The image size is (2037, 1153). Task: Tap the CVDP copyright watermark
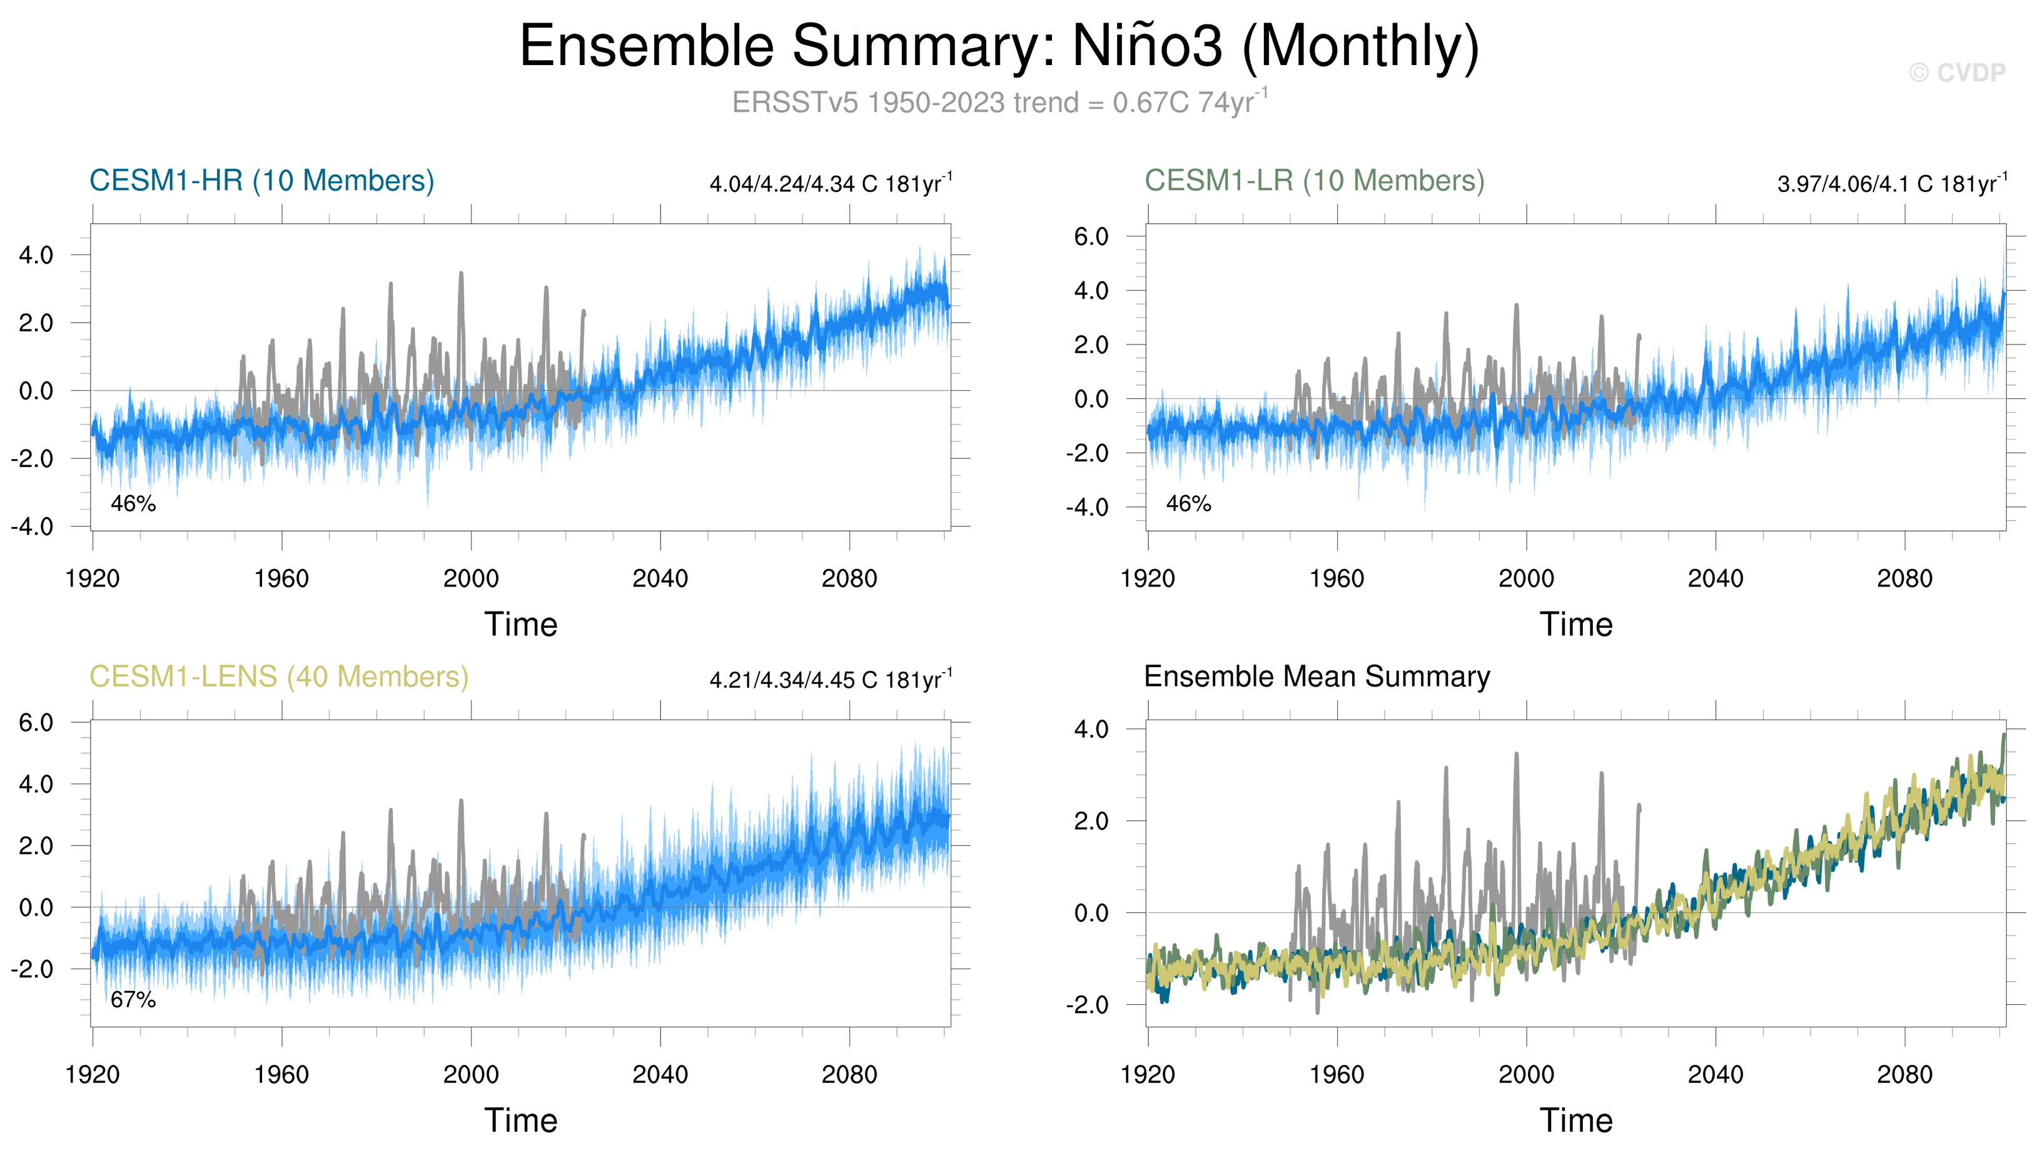(1956, 73)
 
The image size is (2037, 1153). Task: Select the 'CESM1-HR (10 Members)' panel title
(261, 181)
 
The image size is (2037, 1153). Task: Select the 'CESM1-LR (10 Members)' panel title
(1314, 181)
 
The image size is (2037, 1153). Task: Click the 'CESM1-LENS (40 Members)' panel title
(279, 677)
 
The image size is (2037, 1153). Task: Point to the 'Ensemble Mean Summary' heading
(1317, 677)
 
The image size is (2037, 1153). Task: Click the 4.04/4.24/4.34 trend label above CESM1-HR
(830, 184)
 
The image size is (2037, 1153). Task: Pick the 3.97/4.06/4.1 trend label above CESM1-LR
(1891, 184)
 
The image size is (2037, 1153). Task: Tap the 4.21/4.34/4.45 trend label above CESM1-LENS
(830, 680)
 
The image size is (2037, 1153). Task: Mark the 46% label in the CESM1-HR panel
(133, 503)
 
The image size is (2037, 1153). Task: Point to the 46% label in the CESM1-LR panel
(1188, 503)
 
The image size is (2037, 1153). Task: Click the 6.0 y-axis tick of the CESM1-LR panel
(1091, 237)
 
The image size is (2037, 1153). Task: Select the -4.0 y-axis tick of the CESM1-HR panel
(32, 526)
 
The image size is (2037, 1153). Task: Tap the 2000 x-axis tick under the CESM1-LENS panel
(470, 1075)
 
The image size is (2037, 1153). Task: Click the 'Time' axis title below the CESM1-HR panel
(520, 625)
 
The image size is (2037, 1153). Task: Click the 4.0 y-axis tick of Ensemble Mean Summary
(1091, 729)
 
